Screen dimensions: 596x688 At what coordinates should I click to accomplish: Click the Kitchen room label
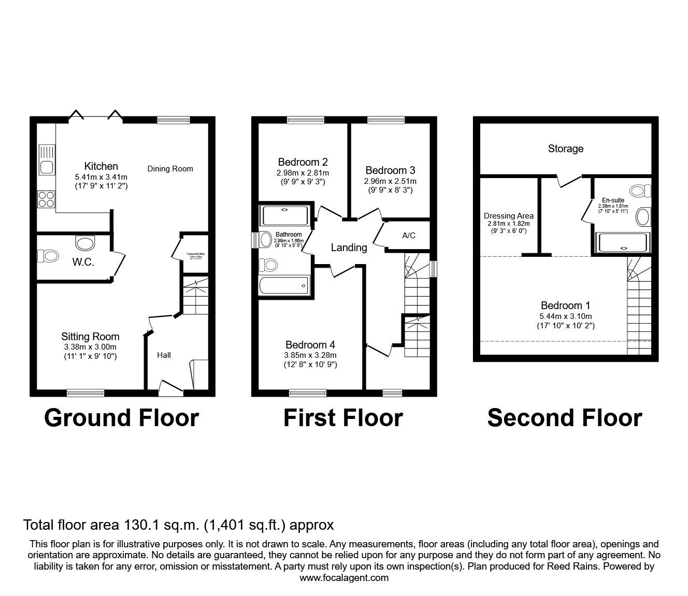point(101,166)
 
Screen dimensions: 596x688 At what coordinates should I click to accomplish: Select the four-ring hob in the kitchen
point(46,199)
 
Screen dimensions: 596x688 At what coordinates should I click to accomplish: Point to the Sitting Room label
point(90,337)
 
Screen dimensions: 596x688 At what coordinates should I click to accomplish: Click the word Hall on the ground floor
point(164,355)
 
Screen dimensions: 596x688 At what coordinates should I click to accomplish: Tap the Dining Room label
point(170,168)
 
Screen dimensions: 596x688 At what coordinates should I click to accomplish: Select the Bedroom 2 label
point(303,162)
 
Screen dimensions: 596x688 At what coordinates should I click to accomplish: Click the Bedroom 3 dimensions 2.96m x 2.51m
point(390,181)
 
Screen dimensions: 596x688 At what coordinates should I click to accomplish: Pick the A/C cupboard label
point(409,236)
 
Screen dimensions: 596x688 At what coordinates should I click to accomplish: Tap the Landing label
point(349,248)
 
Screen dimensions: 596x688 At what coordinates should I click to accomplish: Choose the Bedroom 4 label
point(310,345)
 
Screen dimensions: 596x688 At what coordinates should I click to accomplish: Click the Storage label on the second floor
point(565,149)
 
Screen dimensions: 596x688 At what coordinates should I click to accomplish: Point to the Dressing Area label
point(508,216)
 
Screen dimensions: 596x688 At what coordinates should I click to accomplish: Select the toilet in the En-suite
point(639,191)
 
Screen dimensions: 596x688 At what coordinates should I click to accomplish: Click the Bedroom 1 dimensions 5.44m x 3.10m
point(565,316)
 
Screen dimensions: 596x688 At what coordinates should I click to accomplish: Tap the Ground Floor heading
point(121,417)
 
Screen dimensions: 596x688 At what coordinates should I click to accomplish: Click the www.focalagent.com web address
point(344,578)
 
